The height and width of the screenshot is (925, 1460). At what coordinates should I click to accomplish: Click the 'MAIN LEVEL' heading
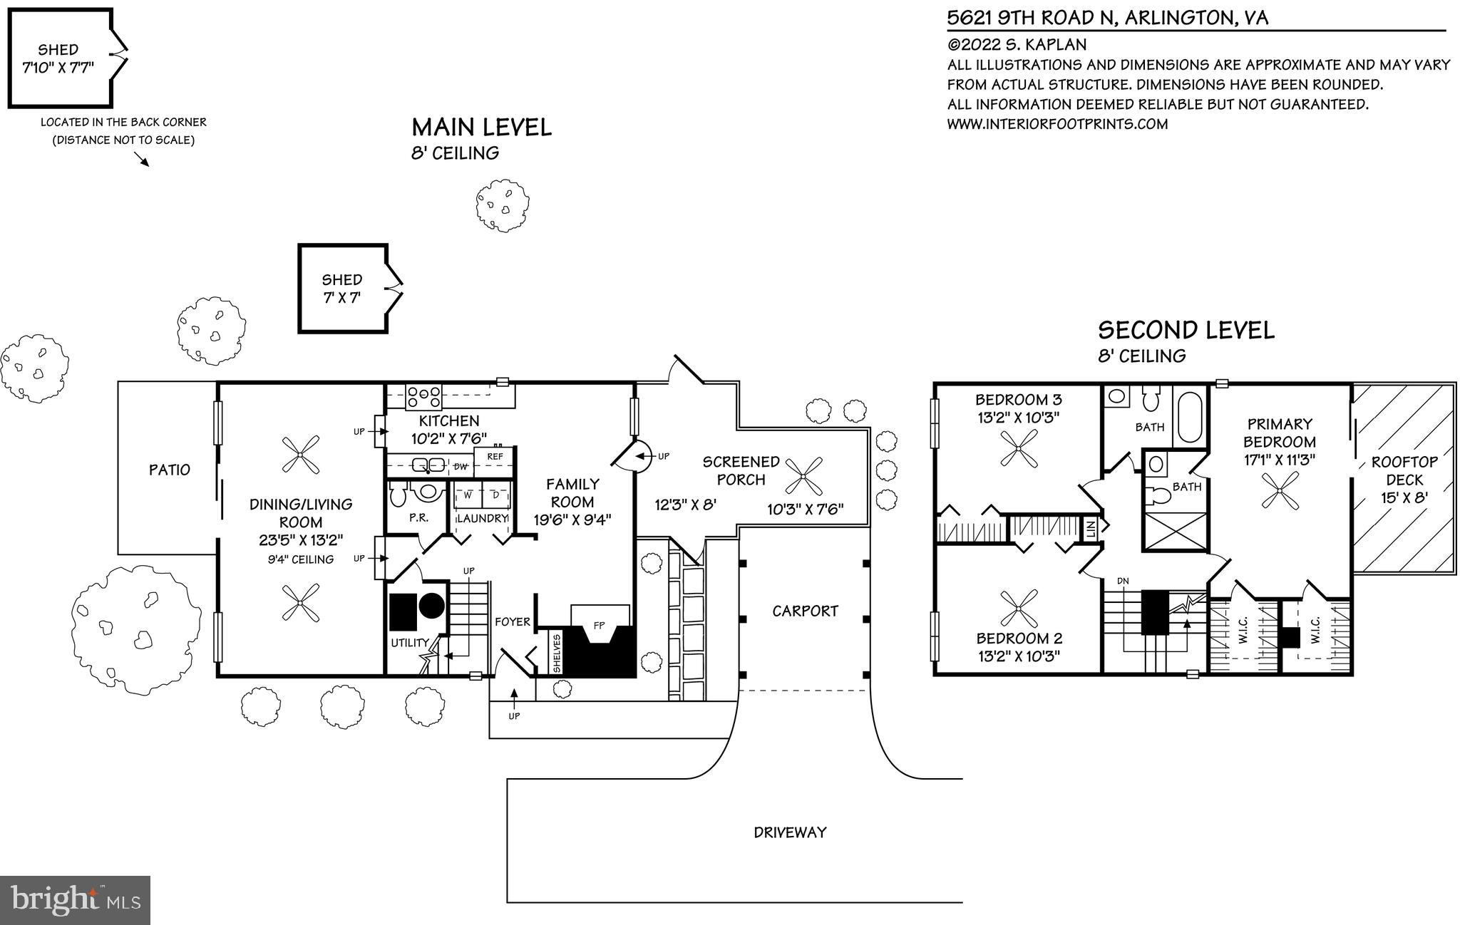(x=481, y=128)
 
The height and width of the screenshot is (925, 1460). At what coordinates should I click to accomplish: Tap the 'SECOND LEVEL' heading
(x=1186, y=331)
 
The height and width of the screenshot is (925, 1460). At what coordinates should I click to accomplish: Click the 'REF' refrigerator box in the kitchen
(x=495, y=457)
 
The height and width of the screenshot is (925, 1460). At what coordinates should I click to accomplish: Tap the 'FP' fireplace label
(x=599, y=625)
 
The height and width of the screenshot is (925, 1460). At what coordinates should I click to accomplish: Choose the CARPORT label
(x=805, y=611)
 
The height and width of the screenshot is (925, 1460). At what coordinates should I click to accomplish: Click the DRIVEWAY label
(x=790, y=832)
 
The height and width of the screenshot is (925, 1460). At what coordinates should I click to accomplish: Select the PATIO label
(x=170, y=470)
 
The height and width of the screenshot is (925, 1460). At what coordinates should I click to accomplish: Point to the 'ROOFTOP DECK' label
(x=1404, y=470)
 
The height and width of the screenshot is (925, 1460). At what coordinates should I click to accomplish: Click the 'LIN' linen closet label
(x=1091, y=529)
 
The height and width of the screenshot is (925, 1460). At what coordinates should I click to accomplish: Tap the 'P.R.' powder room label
(x=418, y=518)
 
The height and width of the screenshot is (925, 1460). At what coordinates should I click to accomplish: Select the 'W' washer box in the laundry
(x=468, y=495)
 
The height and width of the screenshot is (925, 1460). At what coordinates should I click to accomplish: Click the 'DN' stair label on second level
(x=1123, y=581)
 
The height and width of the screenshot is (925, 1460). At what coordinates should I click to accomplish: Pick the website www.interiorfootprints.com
(x=1057, y=124)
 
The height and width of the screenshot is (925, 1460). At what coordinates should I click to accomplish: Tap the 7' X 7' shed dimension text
(x=342, y=297)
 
